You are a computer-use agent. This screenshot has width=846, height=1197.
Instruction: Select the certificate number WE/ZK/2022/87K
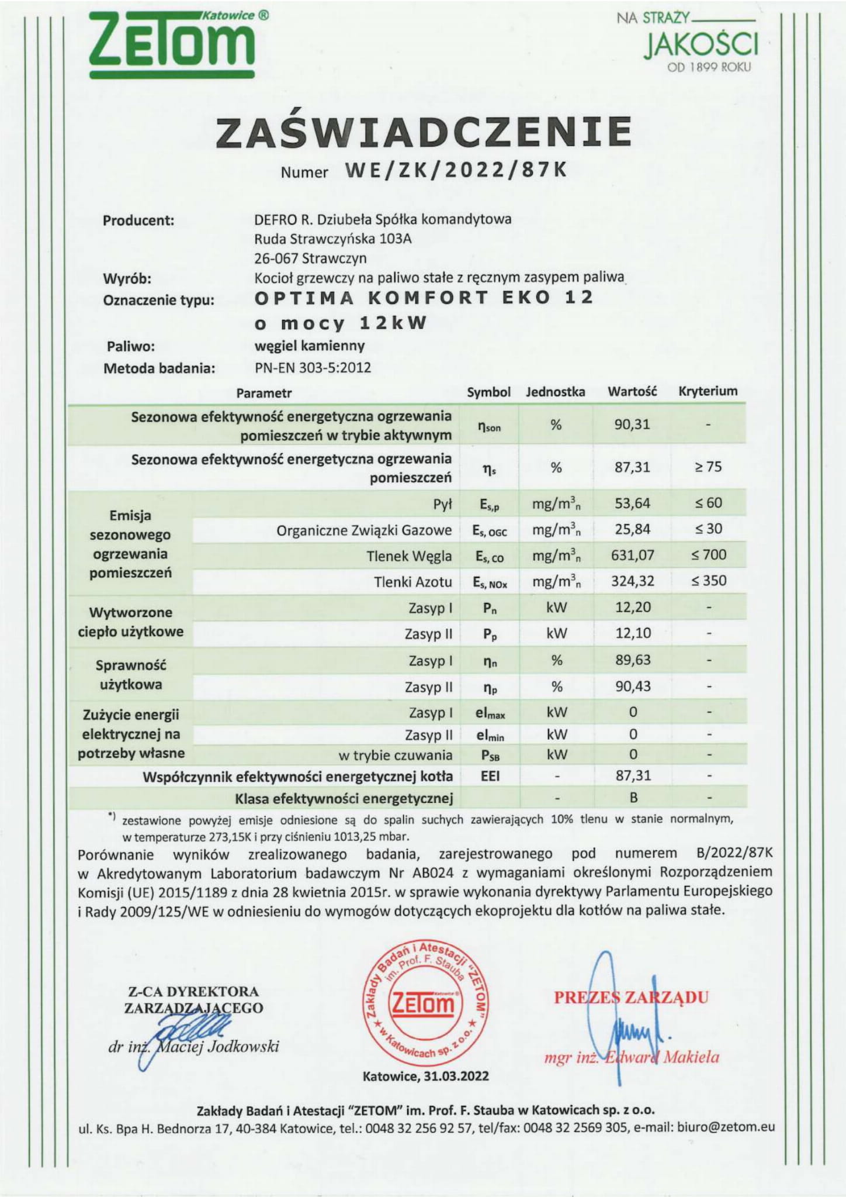click(x=456, y=170)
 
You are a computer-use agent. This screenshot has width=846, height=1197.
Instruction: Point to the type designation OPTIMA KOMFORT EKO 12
click(x=424, y=298)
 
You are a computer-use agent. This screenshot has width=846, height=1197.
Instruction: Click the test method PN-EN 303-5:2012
click(x=313, y=368)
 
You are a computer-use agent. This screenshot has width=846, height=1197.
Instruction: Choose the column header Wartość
click(x=632, y=391)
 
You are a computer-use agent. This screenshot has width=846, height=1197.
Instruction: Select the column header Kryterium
click(x=708, y=391)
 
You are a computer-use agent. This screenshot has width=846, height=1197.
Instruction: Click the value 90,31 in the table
click(x=632, y=424)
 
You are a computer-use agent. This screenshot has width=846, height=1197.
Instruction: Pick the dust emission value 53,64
click(x=632, y=503)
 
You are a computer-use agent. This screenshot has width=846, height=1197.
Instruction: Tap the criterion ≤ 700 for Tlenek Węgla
click(x=708, y=554)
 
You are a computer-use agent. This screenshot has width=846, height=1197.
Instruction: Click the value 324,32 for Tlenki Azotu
click(x=632, y=581)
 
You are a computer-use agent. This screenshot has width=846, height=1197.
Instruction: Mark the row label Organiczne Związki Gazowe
click(x=364, y=530)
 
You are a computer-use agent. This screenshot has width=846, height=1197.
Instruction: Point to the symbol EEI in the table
click(x=490, y=777)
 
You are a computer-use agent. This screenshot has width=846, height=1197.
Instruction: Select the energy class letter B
click(x=633, y=798)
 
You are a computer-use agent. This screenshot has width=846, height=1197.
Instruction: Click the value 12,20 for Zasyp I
click(x=633, y=607)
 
